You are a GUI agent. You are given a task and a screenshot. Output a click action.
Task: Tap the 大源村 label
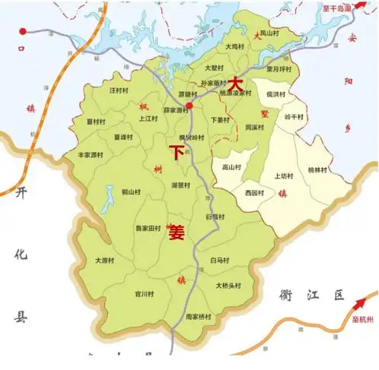click(x=104, y=260)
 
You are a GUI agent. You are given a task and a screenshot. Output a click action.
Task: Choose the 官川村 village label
click(x=144, y=293)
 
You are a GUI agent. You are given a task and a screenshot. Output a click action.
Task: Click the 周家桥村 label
click(x=199, y=315)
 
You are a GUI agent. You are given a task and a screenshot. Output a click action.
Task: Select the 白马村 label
click(x=218, y=260)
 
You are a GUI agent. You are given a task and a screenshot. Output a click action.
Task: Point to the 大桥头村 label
click(x=228, y=286)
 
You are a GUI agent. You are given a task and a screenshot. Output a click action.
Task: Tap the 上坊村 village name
click(x=283, y=175)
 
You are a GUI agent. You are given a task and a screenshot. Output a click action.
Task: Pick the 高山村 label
click(x=231, y=167)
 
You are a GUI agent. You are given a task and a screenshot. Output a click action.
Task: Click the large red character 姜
click(x=177, y=233)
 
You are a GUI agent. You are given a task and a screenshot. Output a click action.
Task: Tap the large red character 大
click(x=237, y=82)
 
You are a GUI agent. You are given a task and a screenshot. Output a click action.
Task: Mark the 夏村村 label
click(x=95, y=121)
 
